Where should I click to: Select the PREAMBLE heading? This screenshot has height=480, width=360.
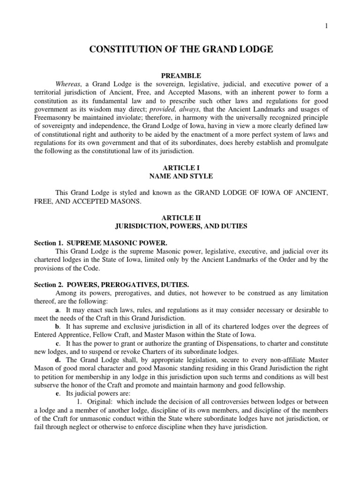[x=180, y=75]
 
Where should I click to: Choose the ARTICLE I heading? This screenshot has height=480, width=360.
[x=180, y=169]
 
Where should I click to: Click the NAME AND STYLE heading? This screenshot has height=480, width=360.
[x=180, y=176]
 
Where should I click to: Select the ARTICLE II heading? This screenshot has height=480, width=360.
[x=180, y=218]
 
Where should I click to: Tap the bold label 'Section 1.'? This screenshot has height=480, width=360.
[x=48, y=244]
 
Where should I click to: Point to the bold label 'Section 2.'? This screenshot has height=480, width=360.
[x=48, y=285]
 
